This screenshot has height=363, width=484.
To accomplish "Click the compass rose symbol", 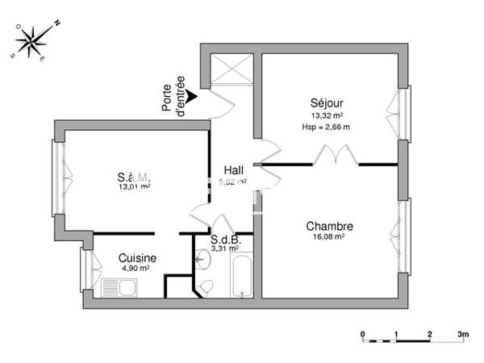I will tap(32, 41).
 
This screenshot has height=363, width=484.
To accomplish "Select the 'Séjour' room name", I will tap(326, 103).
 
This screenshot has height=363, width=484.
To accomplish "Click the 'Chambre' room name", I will tap(329, 226).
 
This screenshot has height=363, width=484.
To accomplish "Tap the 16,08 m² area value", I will tap(329, 237).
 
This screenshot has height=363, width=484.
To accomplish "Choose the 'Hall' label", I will tap(234, 169).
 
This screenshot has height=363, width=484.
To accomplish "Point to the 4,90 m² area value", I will tap(135, 269).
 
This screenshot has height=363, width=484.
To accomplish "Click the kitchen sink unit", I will tap(121, 287).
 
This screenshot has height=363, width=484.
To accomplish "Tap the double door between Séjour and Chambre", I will tap(333, 155).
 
